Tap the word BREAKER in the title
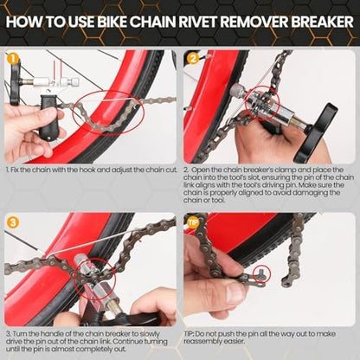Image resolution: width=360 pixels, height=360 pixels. [x=322, y=22]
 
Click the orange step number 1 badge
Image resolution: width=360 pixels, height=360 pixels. [x=13, y=59]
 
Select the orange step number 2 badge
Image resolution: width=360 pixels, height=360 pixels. [x=193, y=59]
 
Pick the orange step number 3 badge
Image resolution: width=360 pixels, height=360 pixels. [x=13, y=222]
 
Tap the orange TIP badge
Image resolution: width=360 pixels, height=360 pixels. [x=193, y=222]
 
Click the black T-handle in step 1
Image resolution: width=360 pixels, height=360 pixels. [x=15, y=84]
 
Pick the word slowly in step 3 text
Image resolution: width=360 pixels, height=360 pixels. [x=150, y=334]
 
